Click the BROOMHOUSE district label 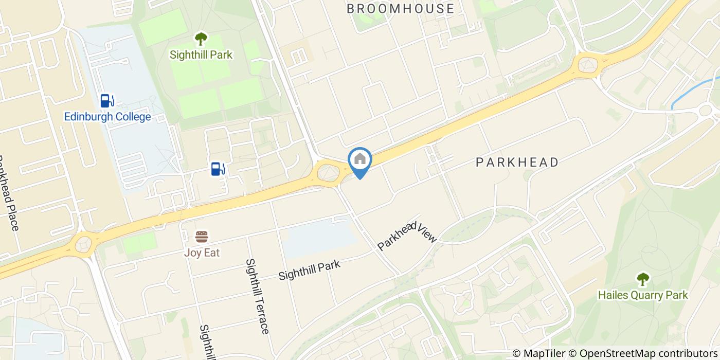(400, 8)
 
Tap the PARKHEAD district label (517, 163)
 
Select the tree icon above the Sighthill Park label (201, 39)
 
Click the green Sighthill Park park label (201, 54)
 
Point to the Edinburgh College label (107, 117)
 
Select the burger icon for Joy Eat (202, 237)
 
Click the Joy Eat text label (202, 253)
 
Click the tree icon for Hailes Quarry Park (643, 279)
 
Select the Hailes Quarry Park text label (643, 295)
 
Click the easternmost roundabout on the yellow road (588, 65)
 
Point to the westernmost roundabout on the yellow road (83, 244)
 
